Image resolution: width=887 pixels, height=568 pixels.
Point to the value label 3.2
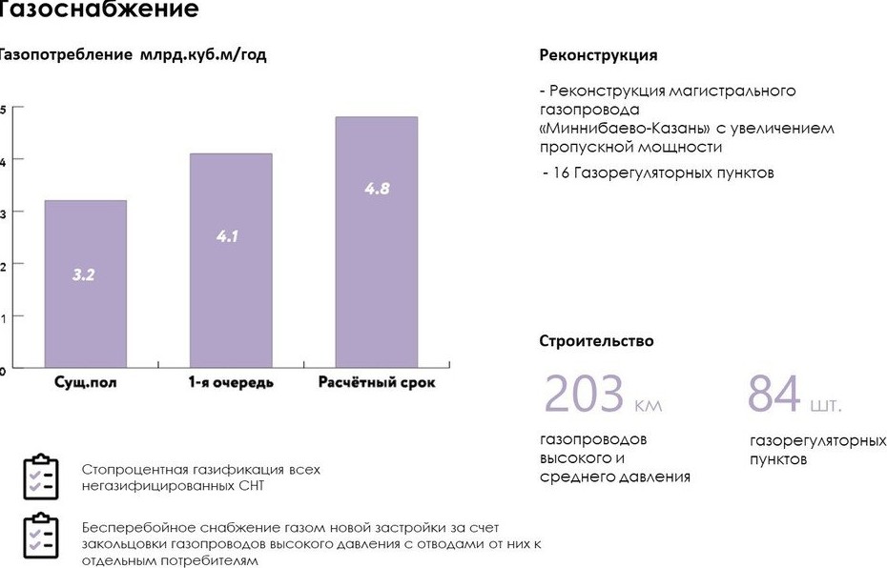coord(84,274)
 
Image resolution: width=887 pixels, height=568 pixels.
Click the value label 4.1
coord(227,235)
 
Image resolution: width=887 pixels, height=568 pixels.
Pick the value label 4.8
coord(377,189)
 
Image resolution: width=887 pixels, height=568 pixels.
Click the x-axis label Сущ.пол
coord(85,382)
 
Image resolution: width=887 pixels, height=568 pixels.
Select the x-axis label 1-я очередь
coord(230,382)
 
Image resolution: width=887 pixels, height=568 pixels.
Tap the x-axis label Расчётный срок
coord(376,382)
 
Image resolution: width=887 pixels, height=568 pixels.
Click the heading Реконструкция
coord(598,55)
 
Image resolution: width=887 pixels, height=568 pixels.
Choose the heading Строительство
coord(596,341)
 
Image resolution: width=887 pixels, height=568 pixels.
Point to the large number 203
coord(584,395)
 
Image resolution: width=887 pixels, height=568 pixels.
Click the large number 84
coord(774,395)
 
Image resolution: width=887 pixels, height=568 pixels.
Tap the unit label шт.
coord(826,406)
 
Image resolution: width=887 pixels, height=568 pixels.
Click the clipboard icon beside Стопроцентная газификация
coord(41,477)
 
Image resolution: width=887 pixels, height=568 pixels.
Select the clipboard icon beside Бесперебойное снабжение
coord(41,536)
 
